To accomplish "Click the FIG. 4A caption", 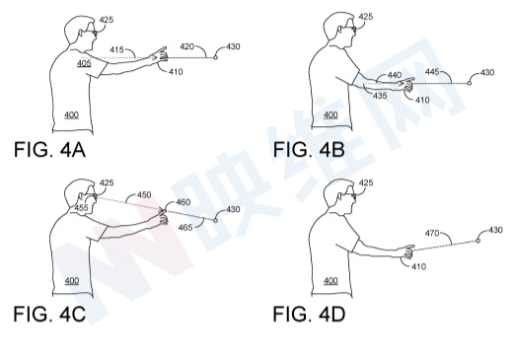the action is click(x=49, y=150).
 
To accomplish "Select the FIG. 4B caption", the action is click(x=309, y=149).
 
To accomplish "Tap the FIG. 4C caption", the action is click(x=49, y=314).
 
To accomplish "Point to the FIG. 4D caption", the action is click(x=309, y=314).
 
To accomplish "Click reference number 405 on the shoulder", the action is click(x=84, y=63).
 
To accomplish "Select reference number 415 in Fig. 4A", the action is click(x=116, y=49).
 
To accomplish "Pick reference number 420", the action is click(x=186, y=46).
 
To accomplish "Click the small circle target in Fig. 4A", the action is click(x=215, y=57).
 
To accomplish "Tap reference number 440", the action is click(x=395, y=75).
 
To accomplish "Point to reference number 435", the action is click(x=380, y=96).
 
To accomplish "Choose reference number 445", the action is click(x=432, y=71).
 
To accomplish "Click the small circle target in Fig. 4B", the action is click(x=470, y=83).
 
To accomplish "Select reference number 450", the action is click(x=144, y=194).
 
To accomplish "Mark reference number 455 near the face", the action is click(x=81, y=208).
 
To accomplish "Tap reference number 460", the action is click(x=184, y=202).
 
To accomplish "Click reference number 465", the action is click(x=185, y=227).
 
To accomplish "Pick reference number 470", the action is click(x=432, y=233).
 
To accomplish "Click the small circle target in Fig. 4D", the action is click(x=478, y=241).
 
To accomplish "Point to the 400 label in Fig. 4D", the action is click(x=331, y=280).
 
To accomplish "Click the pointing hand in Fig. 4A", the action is click(x=159, y=55).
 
